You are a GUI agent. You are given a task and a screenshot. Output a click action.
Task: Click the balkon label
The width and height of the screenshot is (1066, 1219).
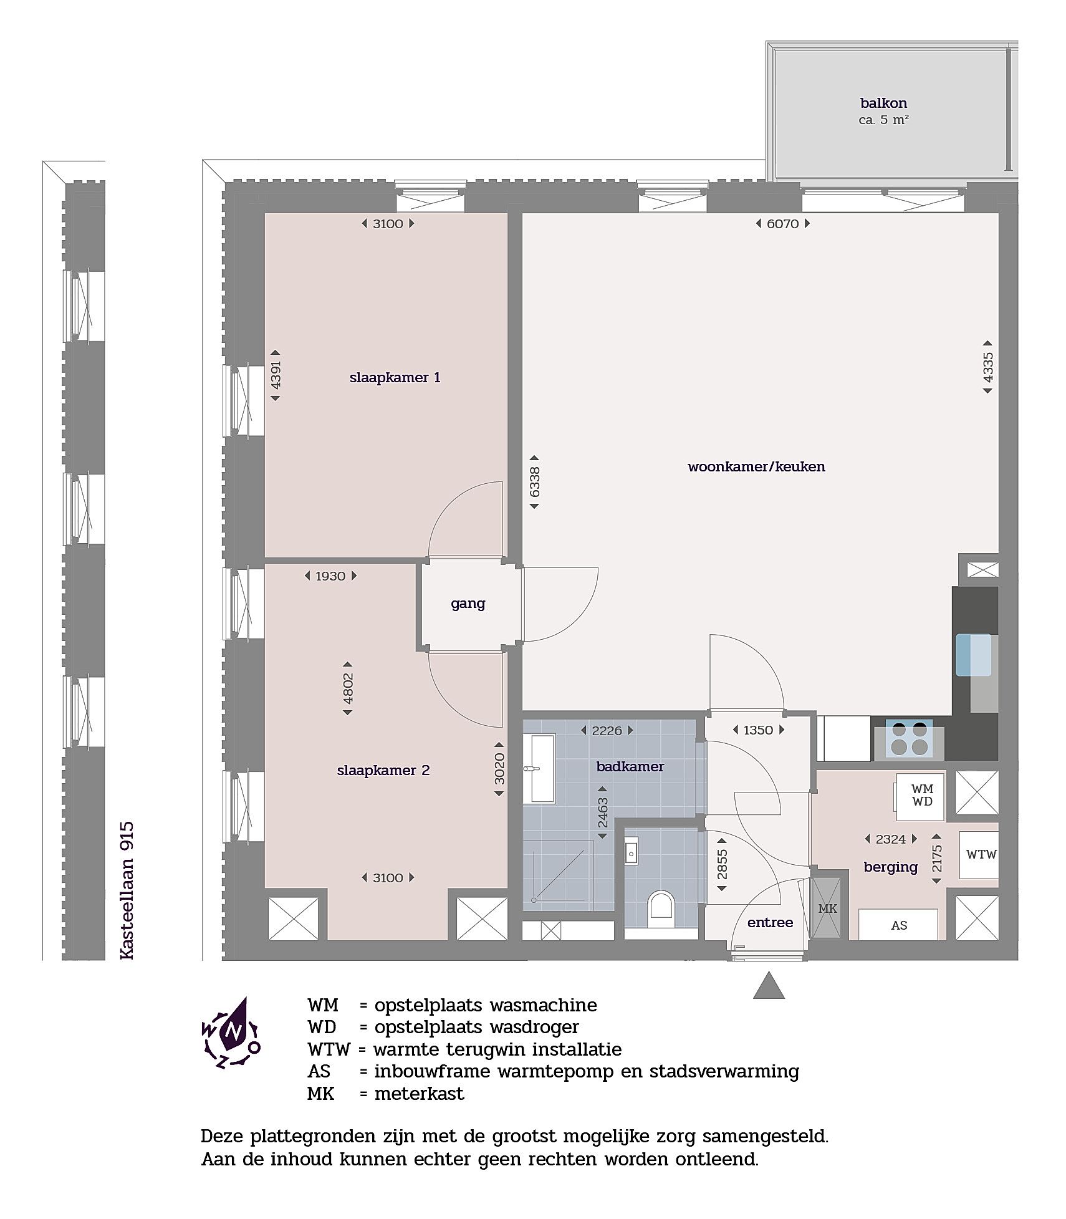(883, 103)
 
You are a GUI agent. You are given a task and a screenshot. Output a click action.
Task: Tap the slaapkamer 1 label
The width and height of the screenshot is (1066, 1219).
(395, 377)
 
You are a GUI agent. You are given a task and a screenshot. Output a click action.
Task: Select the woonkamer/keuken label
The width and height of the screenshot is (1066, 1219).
(756, 466)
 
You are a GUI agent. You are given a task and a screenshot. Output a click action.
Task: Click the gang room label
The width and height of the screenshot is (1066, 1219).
(468, 604)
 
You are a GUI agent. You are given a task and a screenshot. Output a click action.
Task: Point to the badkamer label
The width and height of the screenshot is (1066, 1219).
(630, 766)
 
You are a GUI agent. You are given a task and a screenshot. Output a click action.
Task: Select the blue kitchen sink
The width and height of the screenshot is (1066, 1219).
(973, 654)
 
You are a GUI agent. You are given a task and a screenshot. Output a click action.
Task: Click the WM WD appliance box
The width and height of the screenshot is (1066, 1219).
(921, 797)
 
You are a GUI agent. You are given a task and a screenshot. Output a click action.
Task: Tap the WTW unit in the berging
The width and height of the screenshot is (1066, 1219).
(980, 855)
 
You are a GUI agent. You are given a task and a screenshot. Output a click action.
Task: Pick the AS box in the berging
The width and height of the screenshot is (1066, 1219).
(898, 925)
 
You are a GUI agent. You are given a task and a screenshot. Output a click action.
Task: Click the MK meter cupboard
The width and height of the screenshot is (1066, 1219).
(828, 908)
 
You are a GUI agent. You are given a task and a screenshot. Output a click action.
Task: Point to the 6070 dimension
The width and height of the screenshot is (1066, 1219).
(782, 223)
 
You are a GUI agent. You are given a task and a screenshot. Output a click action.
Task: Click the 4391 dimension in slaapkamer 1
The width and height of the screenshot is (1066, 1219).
(276, 374)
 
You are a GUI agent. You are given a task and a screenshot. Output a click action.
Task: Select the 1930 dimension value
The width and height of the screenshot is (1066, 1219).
(330, 576)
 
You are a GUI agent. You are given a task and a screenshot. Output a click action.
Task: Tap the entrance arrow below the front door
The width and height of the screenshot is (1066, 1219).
(769, 985)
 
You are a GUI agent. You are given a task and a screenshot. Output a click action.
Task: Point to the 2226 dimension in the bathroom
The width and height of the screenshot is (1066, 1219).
(607, 730)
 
